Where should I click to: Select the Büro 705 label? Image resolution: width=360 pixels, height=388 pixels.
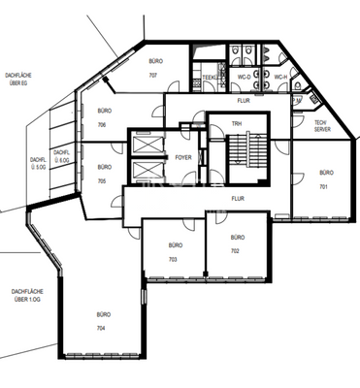click(102, 176)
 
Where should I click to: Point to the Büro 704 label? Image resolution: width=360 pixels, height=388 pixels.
click(102, 322)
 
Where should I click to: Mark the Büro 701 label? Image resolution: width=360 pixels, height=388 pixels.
click(325, 178)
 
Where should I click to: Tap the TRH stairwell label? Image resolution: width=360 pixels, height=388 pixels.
click(236, 124)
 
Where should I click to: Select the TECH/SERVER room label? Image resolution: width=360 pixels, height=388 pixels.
click(320, 125)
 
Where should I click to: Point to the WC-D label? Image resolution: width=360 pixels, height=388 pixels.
click(246, 77)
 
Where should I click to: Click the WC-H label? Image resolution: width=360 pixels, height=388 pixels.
click(279, 77)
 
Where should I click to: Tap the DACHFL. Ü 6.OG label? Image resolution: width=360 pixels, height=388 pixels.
click(62, 155)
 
